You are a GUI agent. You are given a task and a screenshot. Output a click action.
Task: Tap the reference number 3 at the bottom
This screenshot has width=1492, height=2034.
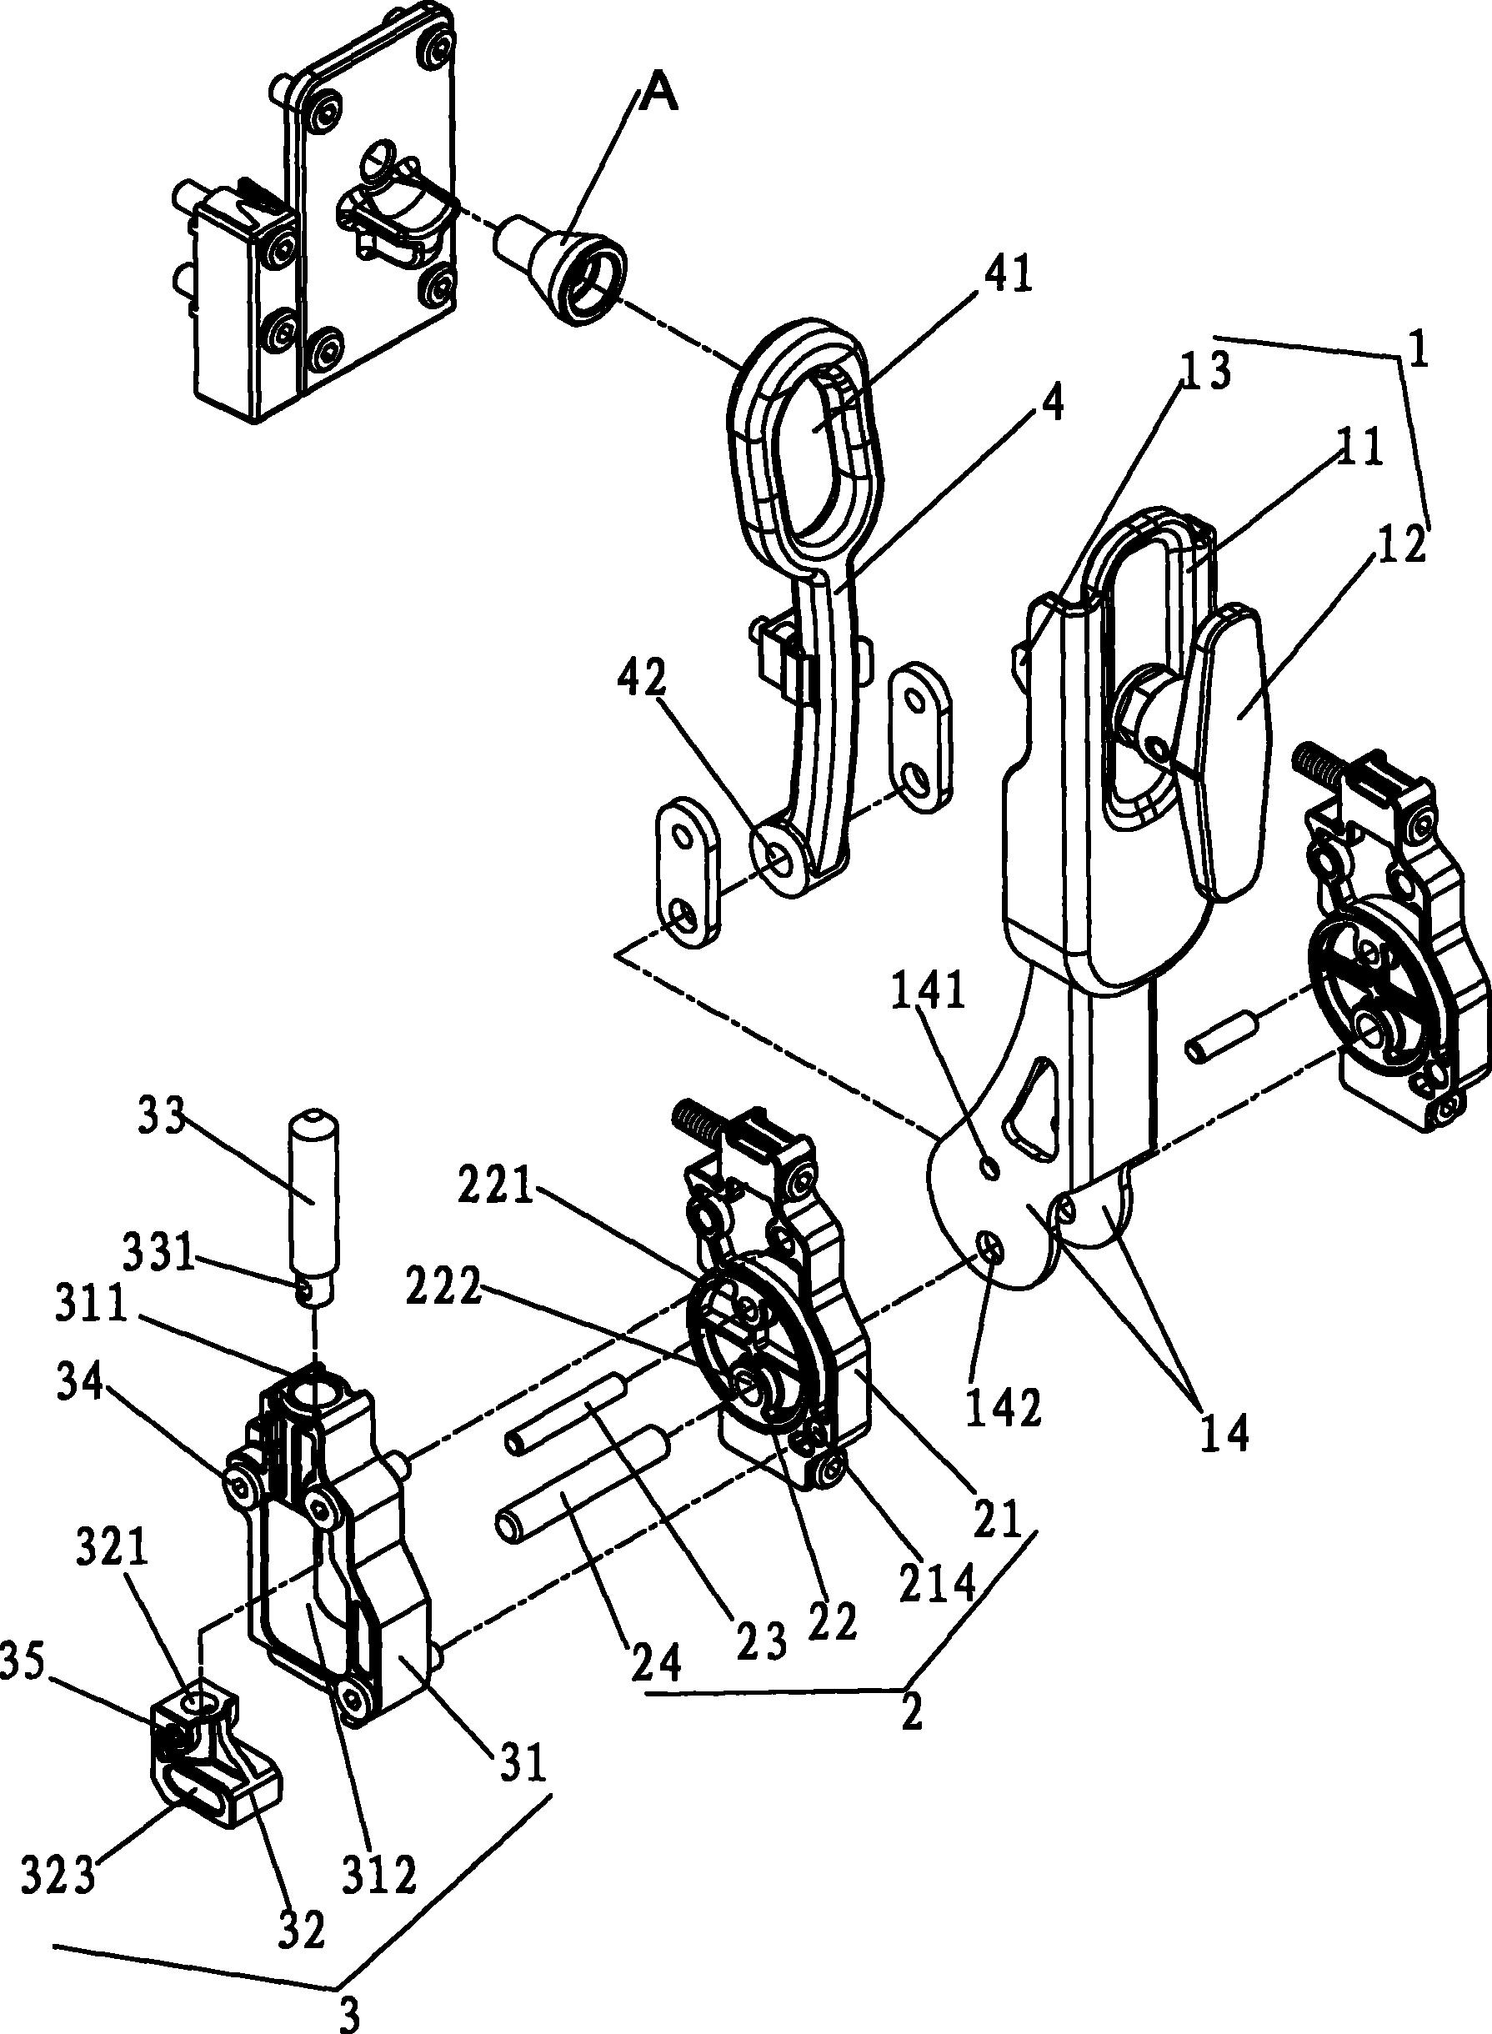[348, 2012]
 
